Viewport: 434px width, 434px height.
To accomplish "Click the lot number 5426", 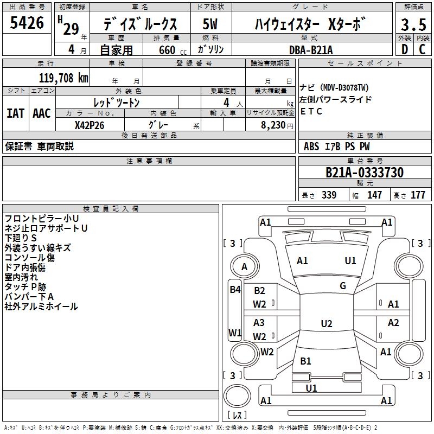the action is click(27, 23).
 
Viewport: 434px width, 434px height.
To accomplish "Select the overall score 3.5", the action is click(413, 24).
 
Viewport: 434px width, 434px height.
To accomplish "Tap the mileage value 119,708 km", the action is click(63, 78).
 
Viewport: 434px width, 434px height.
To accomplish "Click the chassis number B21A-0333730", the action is click(365, 173).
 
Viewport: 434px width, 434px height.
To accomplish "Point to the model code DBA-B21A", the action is click(310, 50).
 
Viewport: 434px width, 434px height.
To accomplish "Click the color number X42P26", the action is click(90, 125).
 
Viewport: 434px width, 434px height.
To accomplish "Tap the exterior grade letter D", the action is click(405, 49).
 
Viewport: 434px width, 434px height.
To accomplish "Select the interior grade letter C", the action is click(422, 49).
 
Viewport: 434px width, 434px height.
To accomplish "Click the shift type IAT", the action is click(16, 113).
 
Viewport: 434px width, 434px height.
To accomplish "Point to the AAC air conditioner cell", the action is click(42, 113).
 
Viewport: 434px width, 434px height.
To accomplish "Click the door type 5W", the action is click(210, 24).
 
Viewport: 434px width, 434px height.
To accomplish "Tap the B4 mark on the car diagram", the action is click(235, 290).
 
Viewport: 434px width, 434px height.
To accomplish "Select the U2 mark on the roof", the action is click(327, 323).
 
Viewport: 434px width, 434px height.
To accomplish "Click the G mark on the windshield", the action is click(343, 286).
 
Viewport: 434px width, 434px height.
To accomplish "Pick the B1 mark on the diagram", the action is click(305, 361).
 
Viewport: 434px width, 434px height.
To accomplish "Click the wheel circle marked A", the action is click(245, 266).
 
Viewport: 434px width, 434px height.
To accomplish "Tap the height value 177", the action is click(418, 195).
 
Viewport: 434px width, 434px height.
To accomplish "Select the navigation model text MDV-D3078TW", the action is click(345, 88).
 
